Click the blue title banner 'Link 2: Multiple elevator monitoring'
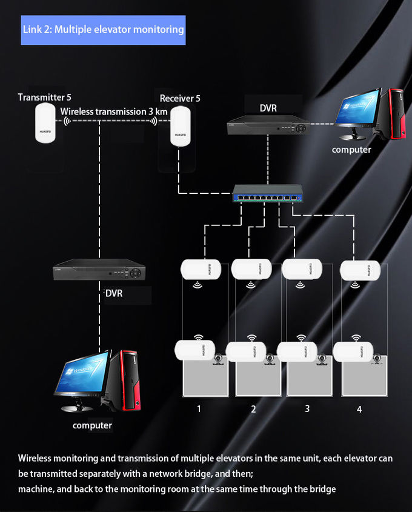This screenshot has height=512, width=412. pyautogui.click(x=103, y=30)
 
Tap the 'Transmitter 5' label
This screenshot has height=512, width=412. pyautogui.click(x=44, y=98)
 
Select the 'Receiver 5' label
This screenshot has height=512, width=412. pyautogui.click(x=180, y=98)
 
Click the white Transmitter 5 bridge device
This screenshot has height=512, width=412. pyautogui.click(x=45, y=123)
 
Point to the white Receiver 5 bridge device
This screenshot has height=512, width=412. pyautogui.click(x=180, y=126)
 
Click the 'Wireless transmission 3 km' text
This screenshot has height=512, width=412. pyautogui.click(x=114, y=111)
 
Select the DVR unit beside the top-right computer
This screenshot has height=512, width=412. pyautogui.click(x=268, y=125)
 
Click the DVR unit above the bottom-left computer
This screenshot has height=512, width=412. pyautogui.click(x=99, y=270)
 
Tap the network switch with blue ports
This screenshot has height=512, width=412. pyautogui.click(x=268, y=193)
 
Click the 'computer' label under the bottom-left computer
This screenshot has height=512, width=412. pyautogui.click(x=92, y=425)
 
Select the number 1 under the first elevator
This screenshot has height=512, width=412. pyautogui.click(x=199, y=409)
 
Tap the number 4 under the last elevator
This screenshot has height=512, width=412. pyautogui.click(x=359, y=409)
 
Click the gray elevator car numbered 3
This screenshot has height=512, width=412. pyautogui.click(x=310, y=376)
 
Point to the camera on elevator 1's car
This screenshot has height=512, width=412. pyautogui.click(x=219, y=360)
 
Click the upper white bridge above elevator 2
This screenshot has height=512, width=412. pyautogui.click(x=251, y=270)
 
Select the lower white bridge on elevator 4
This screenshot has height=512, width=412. pyautogui.click(x=353, y=351)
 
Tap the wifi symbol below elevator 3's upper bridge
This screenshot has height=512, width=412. pyautogui.click(x=300, y=285)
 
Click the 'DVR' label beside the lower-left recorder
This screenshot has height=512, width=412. pyautogui.click(x=114, y=293)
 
